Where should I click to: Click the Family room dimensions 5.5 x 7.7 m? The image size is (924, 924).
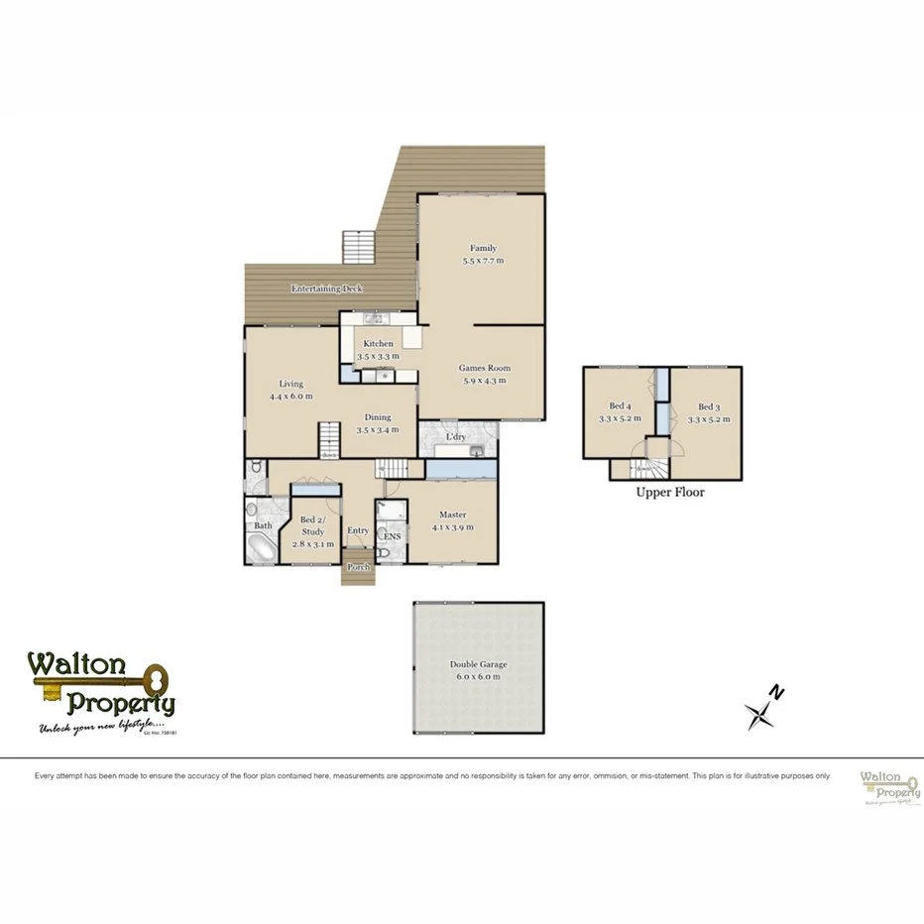click(483, 261)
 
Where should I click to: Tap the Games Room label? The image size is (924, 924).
click(483, 368)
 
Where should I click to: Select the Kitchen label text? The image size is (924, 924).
click(378, 344)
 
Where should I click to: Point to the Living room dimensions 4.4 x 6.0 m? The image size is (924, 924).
click(290, 396)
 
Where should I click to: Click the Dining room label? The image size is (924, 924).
click(377, 417)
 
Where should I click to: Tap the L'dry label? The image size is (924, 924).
click(456, 436)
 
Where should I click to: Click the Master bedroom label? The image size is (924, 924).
click(453, 515)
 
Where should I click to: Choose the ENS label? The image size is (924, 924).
click(393, 536)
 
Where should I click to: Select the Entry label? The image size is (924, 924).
click(358, 531)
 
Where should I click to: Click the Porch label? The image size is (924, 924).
click(358, 567)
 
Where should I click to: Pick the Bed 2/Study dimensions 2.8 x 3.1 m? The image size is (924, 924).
click(311, 543)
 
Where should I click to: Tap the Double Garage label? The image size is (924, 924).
click(478, 664)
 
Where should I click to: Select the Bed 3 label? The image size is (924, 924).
click(707, 406)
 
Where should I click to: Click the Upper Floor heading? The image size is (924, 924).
click(670, 492)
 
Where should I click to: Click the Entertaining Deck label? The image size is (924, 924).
click(326, 289)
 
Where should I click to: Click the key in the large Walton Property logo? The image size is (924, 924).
click(119, 682)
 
